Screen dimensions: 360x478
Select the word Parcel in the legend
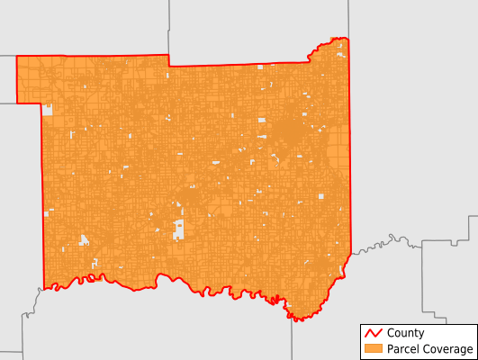[x=401, y=349]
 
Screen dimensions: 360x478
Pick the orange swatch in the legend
[x=371, y=349]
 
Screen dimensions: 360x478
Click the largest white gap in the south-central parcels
[x=178, y=229]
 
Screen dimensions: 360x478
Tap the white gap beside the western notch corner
[x=48, y=110]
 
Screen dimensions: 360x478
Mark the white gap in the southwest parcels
[x=85, y=240]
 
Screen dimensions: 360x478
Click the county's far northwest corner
[x=17, y=57]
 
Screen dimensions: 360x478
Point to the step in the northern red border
[x=169, y=61]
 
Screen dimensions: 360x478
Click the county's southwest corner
[x=45, y=287]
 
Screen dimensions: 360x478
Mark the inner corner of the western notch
[x=41, y=103]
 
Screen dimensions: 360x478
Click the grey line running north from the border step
[x=169, y=27]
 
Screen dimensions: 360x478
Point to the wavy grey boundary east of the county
[x=387, y=241]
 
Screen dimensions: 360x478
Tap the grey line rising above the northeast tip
[x=348, y=18]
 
